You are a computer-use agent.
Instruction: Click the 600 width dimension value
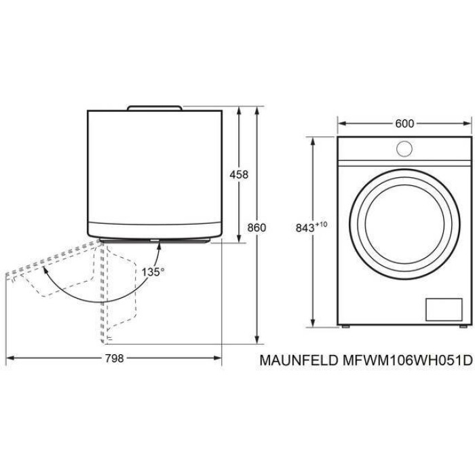404,123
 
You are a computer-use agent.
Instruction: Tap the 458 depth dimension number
239,174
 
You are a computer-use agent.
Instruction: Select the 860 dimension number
256,227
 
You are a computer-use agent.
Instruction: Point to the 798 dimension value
115,358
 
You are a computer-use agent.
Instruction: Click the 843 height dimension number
305,228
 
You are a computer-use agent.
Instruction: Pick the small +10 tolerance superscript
322,225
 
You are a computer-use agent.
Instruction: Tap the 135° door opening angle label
153,271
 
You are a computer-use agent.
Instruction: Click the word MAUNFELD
299,360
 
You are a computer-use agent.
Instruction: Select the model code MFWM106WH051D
407,360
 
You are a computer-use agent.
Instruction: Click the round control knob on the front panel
404,149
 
